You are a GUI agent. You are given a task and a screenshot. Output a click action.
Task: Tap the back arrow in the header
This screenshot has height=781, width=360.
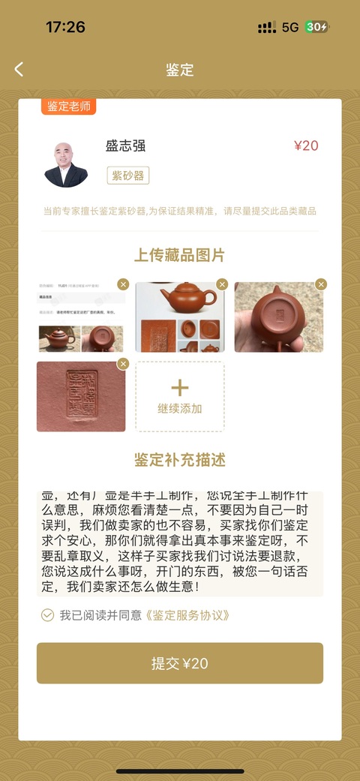pos(19,70)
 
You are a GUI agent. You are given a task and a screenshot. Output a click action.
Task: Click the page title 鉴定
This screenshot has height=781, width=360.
pos(180,70)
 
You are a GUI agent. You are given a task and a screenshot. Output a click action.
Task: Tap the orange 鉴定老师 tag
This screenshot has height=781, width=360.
pos(68,107)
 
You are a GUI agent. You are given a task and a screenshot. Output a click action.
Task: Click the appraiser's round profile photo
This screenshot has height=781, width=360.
pos(66,164)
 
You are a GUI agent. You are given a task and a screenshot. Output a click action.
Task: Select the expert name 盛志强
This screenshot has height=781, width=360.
pos(125,146)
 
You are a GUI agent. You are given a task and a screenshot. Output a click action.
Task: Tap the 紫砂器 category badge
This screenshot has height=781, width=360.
pos(128,176)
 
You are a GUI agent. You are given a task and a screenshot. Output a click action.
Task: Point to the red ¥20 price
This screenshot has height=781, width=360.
pos(305,146)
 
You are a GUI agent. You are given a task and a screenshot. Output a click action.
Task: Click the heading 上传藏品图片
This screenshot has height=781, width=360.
pos(180,255)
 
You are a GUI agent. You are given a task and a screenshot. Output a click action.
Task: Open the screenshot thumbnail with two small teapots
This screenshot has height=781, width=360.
pos(81,317)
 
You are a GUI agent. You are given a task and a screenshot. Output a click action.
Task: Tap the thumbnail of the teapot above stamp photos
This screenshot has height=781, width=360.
pos(179,317)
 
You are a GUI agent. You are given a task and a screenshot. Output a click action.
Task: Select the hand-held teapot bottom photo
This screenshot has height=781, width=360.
pos(278,317)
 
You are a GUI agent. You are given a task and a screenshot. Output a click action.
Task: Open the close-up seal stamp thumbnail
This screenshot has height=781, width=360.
pos(81,396)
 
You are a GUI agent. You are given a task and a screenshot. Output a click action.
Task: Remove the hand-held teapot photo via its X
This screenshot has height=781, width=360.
pos(321,284)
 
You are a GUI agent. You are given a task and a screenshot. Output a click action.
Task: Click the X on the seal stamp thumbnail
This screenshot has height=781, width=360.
pos(123,364)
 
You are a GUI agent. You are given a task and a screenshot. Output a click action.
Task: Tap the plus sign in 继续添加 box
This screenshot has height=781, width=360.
pos(180,388)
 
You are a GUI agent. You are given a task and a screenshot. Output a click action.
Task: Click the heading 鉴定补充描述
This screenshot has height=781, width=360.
pos(180,459)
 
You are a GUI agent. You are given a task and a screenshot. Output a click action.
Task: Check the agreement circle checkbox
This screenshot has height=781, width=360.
pos(47,615)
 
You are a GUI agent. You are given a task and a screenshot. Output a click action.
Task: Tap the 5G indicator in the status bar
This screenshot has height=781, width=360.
pos(290,28)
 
